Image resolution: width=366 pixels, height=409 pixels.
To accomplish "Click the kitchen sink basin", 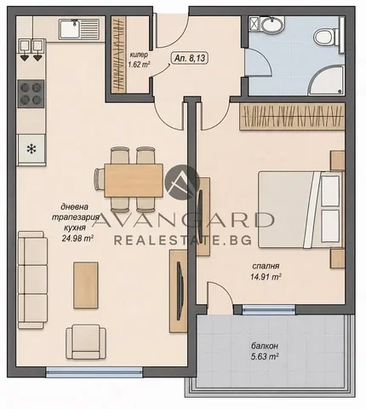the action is [69, 29].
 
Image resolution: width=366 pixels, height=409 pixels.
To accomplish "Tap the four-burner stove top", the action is [31, 94].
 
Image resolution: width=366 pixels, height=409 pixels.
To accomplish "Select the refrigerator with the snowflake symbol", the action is [31, 150].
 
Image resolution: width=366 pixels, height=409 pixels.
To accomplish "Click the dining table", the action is [134, 181].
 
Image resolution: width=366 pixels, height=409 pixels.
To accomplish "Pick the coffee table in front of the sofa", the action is [86, 285].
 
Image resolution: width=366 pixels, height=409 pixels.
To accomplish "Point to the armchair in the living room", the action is [86, 342].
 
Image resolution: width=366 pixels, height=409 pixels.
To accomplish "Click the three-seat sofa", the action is [32, 279].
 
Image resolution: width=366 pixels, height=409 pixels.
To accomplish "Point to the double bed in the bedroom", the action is [300, 210].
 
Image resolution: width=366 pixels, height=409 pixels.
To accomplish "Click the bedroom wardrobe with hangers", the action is [292, 117].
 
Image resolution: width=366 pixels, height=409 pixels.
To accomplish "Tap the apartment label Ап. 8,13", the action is [190, 59].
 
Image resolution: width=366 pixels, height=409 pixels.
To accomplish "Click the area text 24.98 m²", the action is [77, 238].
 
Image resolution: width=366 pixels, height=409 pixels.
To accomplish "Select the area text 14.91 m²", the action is [266, 276].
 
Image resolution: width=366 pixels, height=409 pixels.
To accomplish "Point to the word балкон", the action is [265, 346].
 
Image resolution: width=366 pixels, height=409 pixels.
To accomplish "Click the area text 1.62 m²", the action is [139, 65].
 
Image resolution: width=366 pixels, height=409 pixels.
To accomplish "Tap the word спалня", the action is [266, 266].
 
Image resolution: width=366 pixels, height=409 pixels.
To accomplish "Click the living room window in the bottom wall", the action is [94, 372].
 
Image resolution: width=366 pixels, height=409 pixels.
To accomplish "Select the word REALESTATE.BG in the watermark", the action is [183, 240].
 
